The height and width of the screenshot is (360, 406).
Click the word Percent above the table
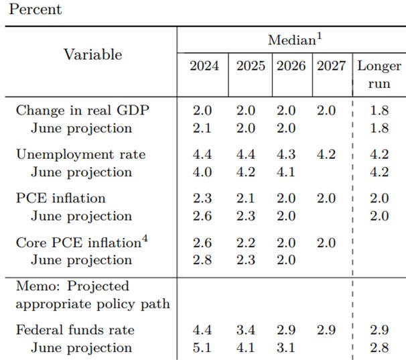pos(35,9)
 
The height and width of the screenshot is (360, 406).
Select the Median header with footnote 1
pos(295,40)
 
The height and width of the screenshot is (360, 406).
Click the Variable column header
pos(92,55)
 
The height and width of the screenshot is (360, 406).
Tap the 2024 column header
pos(204,66)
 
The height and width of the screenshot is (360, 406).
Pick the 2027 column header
pos(330,66)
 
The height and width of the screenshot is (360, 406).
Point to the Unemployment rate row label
pos(80,154)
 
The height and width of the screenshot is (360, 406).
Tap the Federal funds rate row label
pos(75,330)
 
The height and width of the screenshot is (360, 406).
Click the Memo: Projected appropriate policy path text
pos(92,295)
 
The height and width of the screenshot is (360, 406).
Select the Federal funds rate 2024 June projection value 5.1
pos(204,348)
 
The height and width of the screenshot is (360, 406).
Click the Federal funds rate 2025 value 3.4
pos(250,330)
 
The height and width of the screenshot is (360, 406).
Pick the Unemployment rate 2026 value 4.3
pos(291,154)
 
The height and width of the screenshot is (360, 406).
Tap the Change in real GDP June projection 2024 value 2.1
pos(204,128)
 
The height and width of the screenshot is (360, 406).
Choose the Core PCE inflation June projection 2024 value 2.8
pos(204,260)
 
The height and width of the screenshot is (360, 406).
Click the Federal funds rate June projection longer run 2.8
pos(379,348)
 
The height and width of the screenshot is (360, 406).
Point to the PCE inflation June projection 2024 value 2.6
pos(204,216)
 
